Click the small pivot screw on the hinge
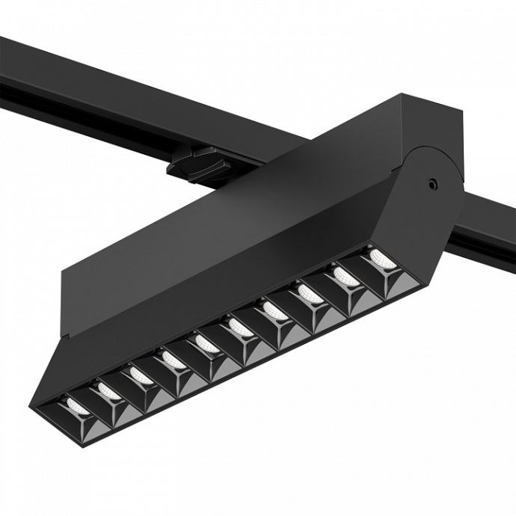click(431, 182)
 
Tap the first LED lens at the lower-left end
click(76, 405)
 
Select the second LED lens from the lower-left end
click(107, 387)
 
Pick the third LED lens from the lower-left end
click(140, 372)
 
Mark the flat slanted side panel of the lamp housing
click(224, 262)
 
